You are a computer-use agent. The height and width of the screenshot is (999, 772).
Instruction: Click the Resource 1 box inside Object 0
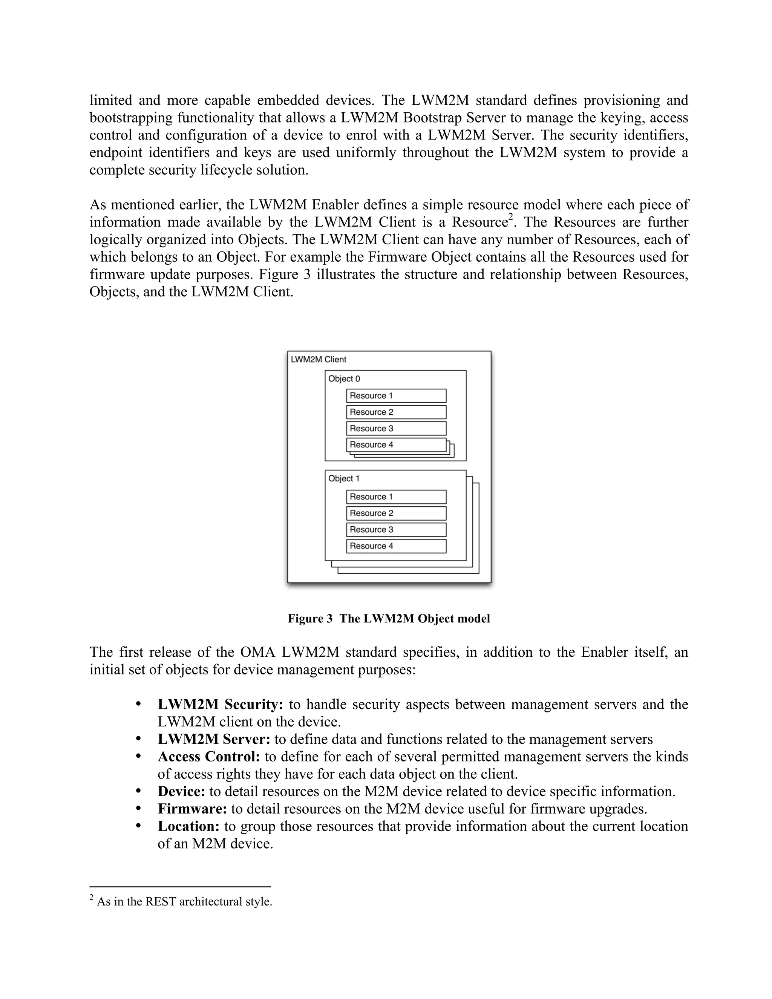click(396, 396)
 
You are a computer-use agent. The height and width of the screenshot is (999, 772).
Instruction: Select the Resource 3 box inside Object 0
click(396, 429)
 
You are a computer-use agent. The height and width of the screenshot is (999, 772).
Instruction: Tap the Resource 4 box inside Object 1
click(396, 546)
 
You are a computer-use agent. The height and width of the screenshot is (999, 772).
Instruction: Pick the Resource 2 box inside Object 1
click(396, 513)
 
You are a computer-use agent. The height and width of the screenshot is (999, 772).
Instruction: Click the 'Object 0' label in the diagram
click(344, 379)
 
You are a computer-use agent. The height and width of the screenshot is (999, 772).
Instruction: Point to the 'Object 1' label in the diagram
click(344, 478)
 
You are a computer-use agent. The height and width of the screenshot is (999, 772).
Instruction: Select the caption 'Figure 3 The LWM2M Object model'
click(389, 619)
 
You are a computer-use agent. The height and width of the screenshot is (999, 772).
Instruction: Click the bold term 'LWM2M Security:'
click(221, 705)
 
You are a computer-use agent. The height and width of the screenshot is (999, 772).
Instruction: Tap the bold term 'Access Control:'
click(208, 757)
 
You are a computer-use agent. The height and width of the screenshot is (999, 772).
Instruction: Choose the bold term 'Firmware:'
click(192, 809)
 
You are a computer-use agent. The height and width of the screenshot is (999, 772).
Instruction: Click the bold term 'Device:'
click(181, 792)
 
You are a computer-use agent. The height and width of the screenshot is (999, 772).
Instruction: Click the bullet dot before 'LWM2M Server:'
click(139, 739)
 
